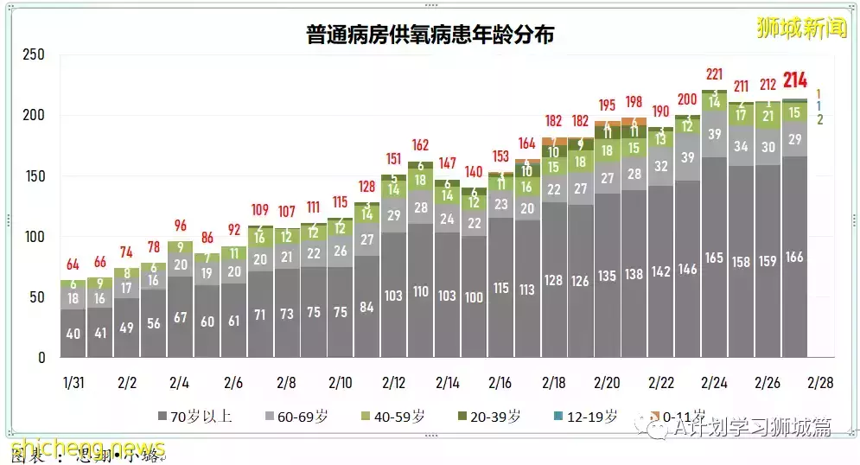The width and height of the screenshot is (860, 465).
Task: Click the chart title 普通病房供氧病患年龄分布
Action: [x=430, y=35]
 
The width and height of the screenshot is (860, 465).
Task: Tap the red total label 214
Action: [x=794, y=81]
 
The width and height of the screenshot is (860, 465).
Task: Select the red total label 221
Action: [x=714, y=74]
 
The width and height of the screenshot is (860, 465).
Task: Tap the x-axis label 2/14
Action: [x=447, y=383]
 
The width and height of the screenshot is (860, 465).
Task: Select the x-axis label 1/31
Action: [x=73, y=383]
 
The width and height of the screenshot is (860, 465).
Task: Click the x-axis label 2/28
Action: [x=821, y=383]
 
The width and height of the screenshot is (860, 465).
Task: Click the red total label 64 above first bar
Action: [x=73, y=264]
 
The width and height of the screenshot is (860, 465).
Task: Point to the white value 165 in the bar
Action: [x=714, y=258]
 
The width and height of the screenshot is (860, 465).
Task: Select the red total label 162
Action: [x=420, y=144]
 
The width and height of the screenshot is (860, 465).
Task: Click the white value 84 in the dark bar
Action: [x=366, y=307]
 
